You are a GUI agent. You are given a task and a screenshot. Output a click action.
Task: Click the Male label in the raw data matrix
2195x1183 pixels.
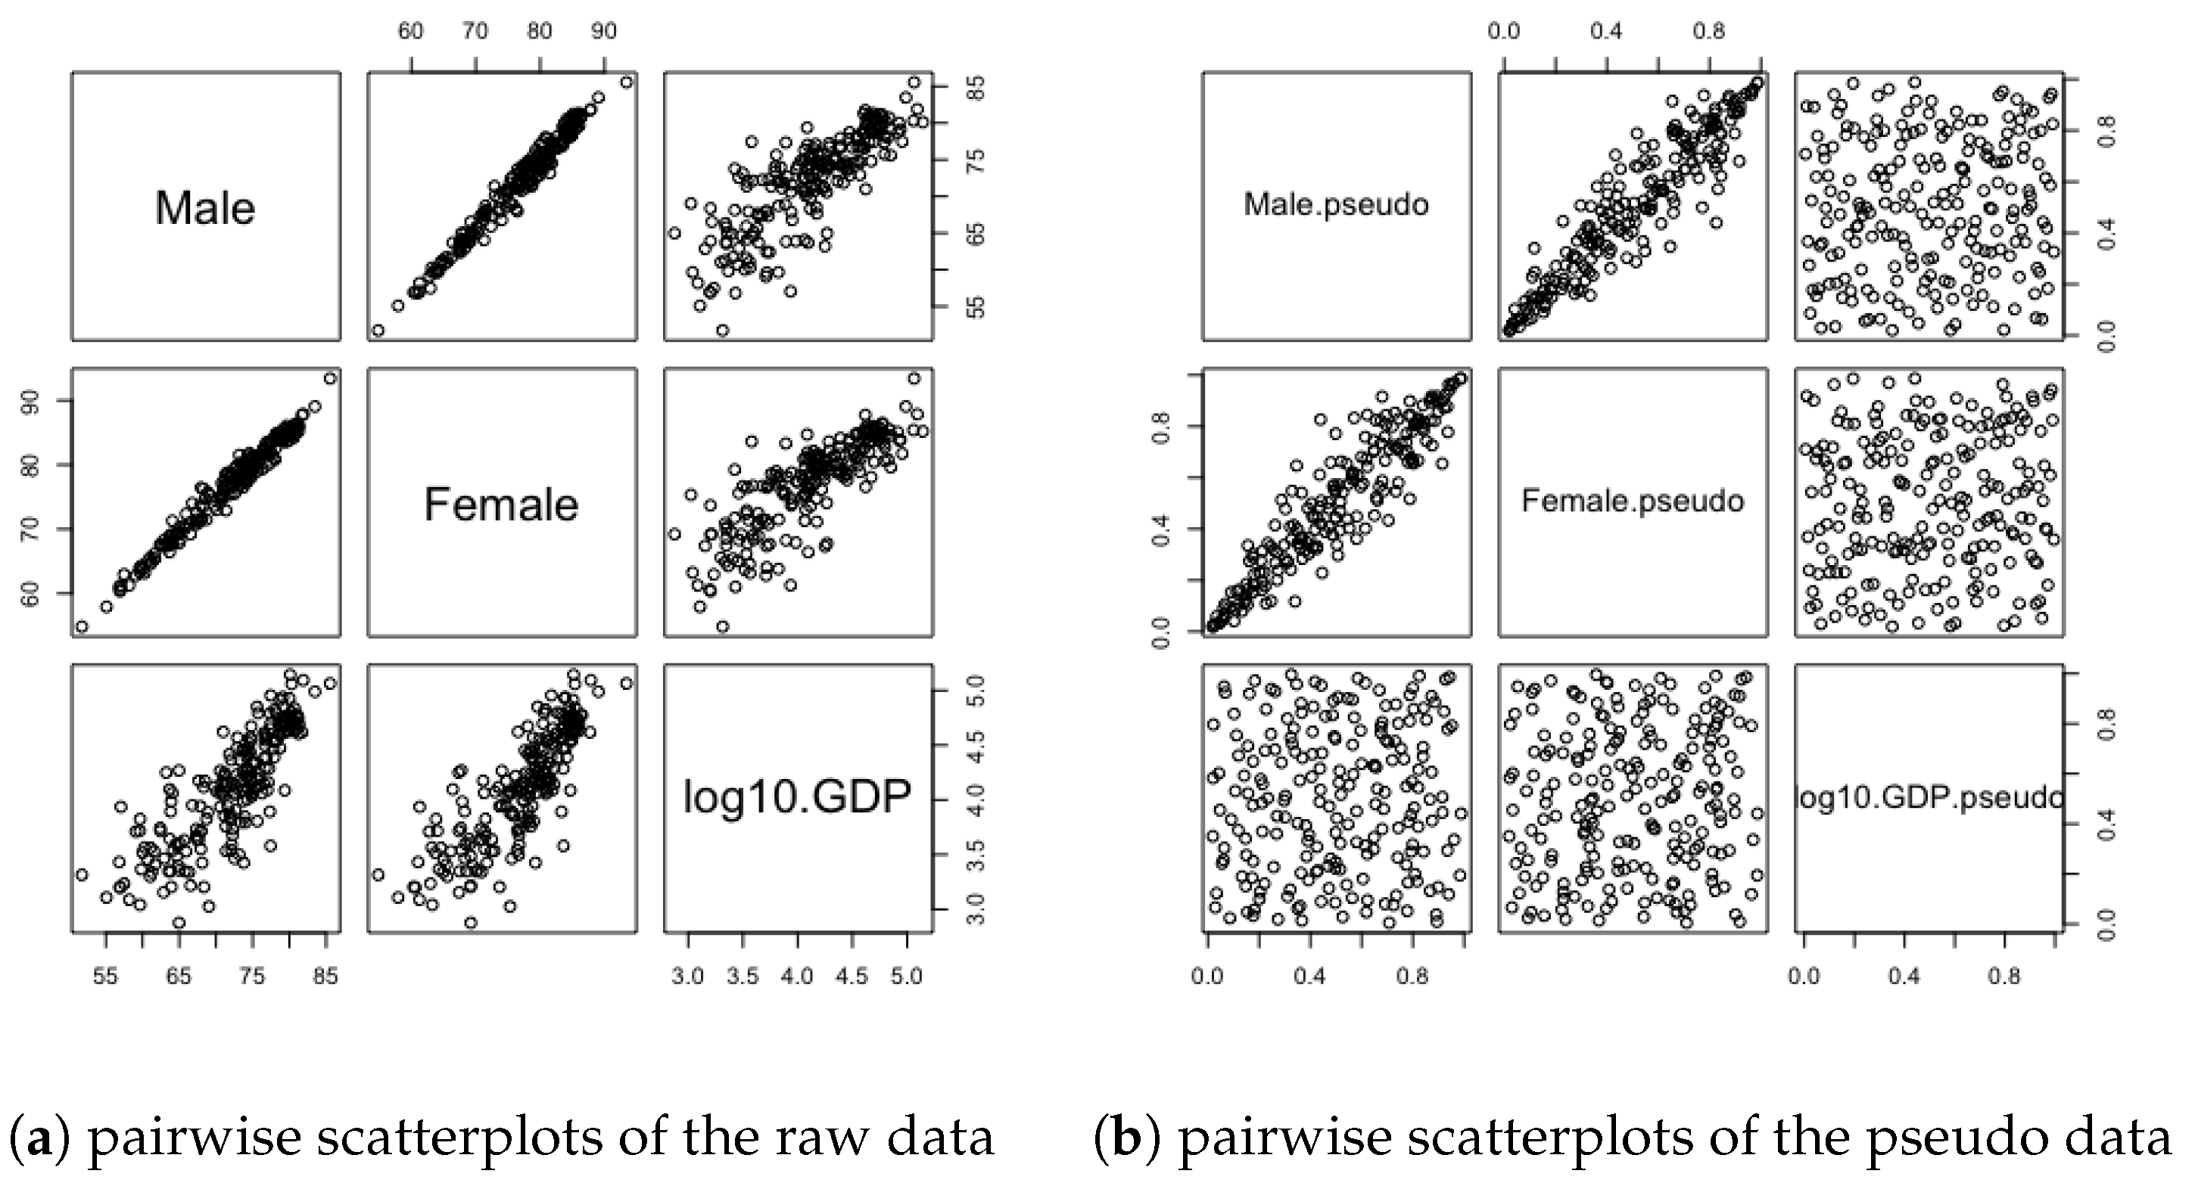(204, 208)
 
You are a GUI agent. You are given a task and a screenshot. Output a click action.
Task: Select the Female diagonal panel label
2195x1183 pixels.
(501, 505)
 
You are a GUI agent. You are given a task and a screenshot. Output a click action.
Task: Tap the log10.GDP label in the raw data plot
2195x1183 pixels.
(797, 798)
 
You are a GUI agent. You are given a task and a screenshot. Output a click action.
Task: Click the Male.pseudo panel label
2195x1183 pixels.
(1335, 204)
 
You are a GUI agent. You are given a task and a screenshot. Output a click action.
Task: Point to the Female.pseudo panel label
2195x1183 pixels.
(1632, 501)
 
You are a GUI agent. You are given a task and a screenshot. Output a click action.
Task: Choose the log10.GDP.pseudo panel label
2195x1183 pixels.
(1929, 798)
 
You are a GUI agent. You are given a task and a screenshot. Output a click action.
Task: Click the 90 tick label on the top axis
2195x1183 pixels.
(603, 32)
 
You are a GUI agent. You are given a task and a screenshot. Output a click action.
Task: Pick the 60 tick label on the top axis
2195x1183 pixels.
(411, 32)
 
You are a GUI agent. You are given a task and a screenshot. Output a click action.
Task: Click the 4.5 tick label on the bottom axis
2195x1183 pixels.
(852, 976)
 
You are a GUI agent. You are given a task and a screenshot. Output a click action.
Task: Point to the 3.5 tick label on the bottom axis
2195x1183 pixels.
(743, 976)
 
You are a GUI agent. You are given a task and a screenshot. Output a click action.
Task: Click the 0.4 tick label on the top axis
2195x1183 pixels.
(1605, 32)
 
